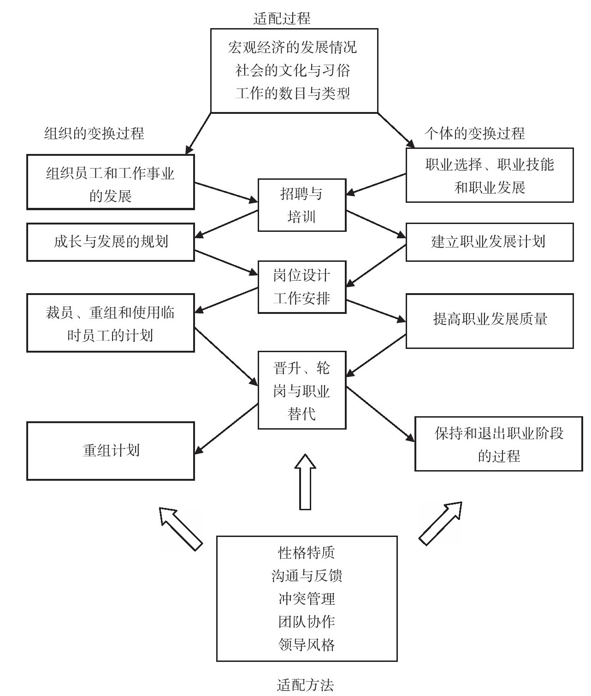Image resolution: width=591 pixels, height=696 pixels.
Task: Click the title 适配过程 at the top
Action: (282, 18)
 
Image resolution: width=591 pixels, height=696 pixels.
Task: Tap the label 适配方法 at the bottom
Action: (305, 685)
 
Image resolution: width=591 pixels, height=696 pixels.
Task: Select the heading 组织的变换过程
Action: (94, 134)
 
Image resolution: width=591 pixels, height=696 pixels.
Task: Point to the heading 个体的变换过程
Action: (474, 134)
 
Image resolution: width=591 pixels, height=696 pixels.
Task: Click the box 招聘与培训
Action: (301, 205)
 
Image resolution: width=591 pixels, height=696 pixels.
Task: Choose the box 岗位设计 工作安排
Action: (301, 287)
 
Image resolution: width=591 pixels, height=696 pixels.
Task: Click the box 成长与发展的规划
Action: (111, 242)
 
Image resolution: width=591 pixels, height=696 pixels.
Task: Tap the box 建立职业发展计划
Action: (489, 242)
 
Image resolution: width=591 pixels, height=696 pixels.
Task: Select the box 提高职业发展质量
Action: (489, 320)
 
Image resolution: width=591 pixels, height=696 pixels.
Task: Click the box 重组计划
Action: (111, 451)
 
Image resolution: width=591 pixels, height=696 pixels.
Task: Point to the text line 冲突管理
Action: (307, 599)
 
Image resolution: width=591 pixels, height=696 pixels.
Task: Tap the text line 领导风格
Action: (307, 644)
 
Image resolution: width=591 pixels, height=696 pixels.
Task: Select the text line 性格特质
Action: (307, 553)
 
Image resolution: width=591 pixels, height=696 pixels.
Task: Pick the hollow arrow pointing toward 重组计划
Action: (180, 528)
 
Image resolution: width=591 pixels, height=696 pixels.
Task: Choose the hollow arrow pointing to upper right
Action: (441, 523)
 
